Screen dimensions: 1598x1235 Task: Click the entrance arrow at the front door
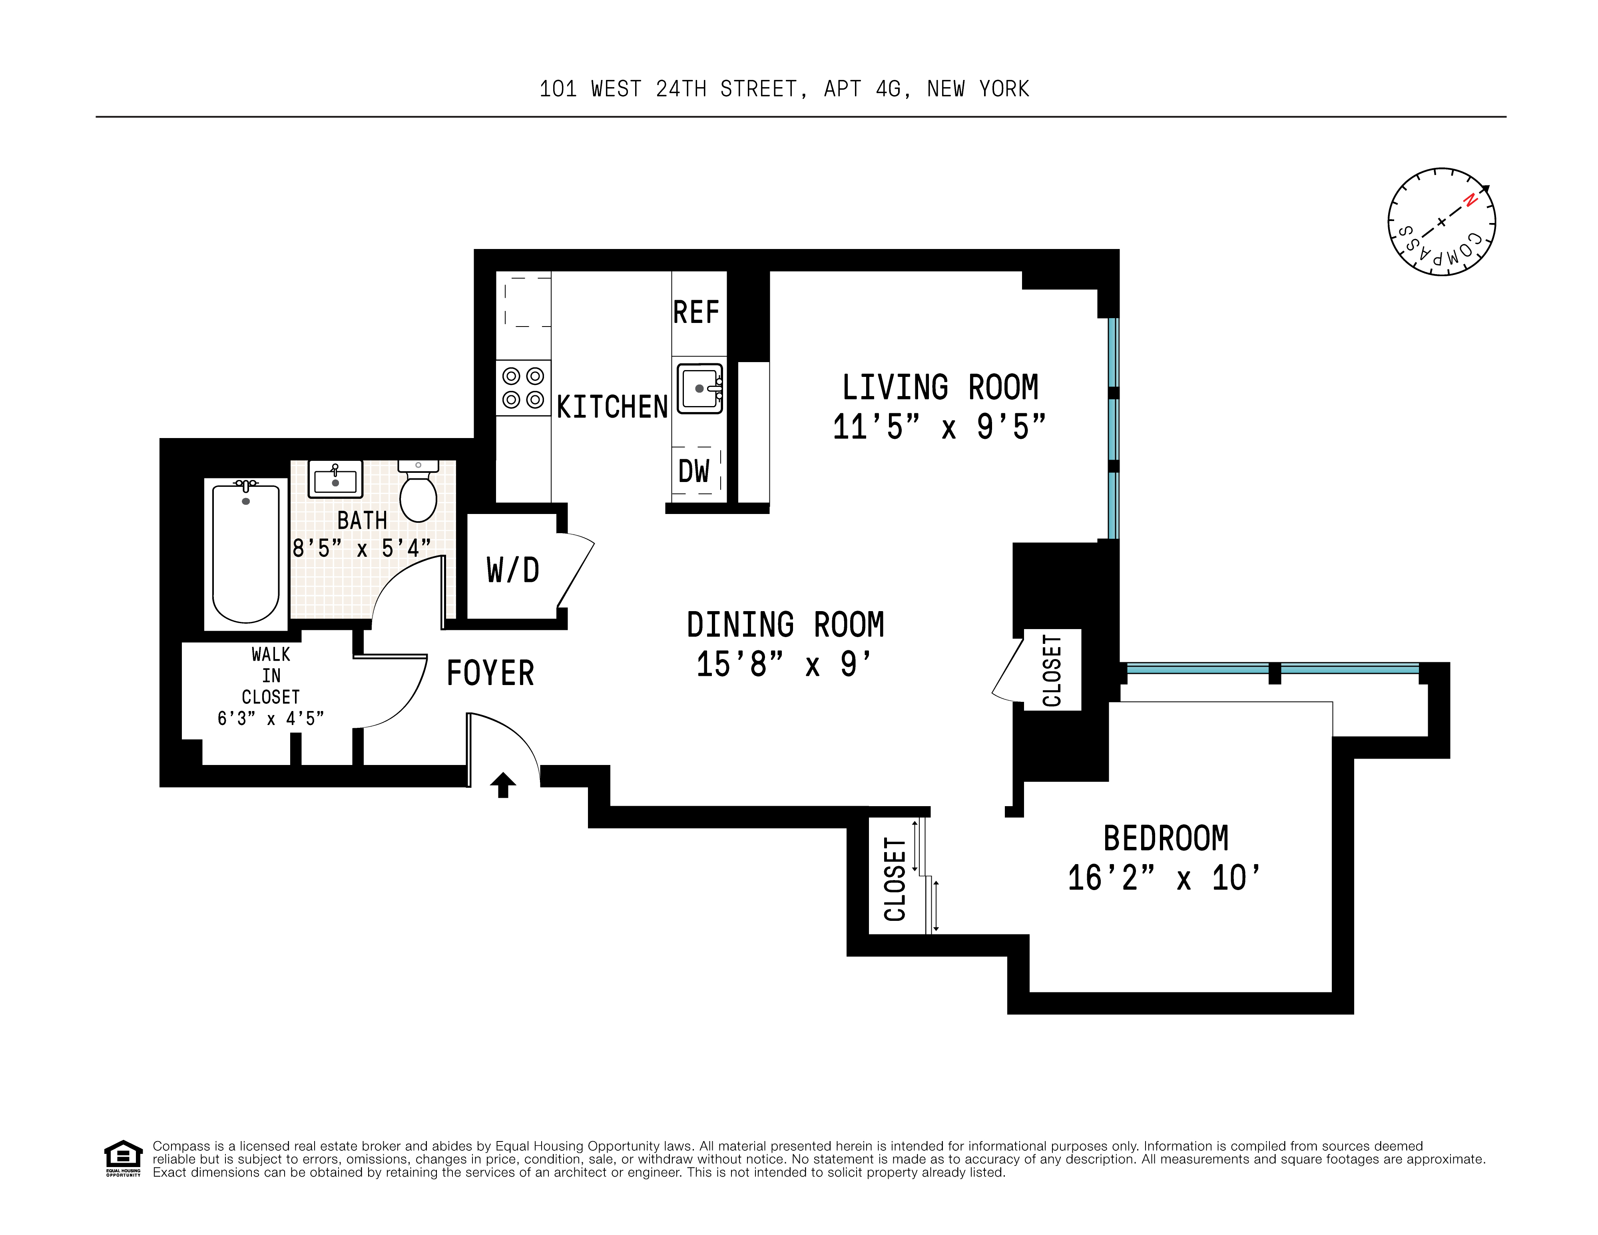click(x=503, y=785)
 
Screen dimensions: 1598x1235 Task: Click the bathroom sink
click(x=335, y=479)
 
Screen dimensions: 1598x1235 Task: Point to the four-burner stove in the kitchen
click(x=523, y=388)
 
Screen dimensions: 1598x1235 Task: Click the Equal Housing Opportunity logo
click(x=123, y=1158)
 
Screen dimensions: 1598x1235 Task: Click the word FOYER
click(x=490, y=673)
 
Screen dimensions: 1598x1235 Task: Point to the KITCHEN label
click(x=612, y=407)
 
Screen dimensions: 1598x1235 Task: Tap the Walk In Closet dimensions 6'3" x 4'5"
click(x=271, y=719)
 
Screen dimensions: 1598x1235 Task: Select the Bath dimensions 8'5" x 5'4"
click(x=361, y=548)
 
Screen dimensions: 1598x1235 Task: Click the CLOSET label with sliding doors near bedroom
click(x=895, y=879)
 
